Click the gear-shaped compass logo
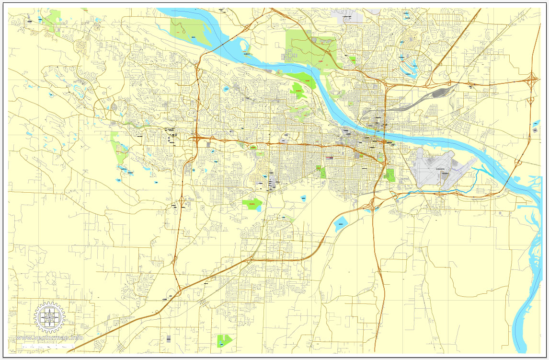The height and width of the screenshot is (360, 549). click(49, 317)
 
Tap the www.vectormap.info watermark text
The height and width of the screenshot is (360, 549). click(50, 338)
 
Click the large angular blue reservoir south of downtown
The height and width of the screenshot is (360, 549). click(341, 224)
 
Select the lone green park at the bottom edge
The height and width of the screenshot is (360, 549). click(224, 340)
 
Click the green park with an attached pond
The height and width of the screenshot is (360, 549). click(252, 204)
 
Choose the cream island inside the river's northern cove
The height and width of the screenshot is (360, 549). click(245, 47)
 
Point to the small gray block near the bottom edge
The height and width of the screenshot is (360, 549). click(169, 338)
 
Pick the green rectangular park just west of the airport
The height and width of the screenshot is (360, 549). click(390, 175)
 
